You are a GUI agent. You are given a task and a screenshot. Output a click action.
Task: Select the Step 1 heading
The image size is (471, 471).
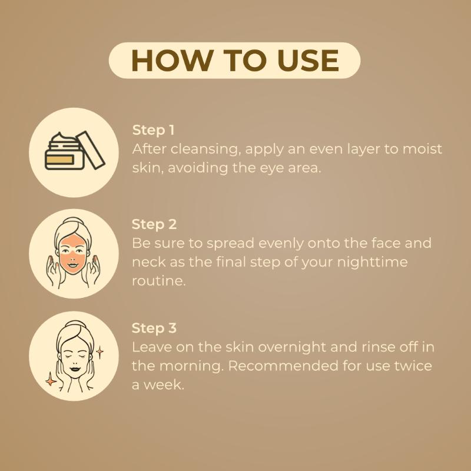click(153, 130)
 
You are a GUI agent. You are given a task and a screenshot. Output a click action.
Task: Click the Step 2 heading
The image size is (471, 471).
click(154, 224)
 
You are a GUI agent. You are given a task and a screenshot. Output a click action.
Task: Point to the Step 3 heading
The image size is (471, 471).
click(154, 328)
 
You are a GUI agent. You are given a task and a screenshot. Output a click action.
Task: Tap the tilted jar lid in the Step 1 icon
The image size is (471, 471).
click(91, 150)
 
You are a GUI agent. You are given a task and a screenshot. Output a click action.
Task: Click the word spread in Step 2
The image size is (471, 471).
click(230, 244)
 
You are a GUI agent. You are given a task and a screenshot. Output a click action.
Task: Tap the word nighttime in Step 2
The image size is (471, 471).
click(372, 262)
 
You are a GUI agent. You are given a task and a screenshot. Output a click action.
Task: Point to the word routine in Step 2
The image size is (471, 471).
click(159, 281)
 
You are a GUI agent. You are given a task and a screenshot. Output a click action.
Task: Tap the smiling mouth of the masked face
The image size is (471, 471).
click(72, 266)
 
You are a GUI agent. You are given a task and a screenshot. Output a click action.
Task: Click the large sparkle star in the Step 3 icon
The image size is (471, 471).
click(51, 379)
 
